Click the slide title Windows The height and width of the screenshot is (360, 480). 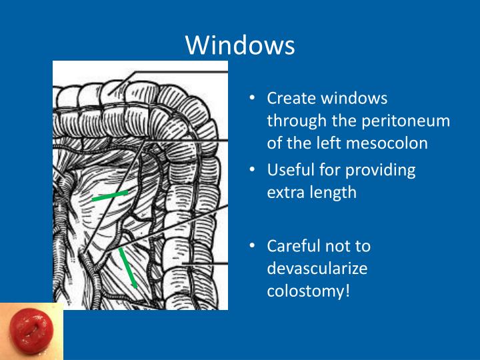(240, 45)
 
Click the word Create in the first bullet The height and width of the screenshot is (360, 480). (291, 98)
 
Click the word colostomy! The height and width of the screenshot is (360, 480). (308, 291)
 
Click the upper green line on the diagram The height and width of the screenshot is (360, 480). (109, 196)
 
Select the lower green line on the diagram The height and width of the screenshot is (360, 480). (129, 267)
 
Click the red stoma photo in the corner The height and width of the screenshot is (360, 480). (30, 331)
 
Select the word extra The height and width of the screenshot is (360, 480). (284, 193)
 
